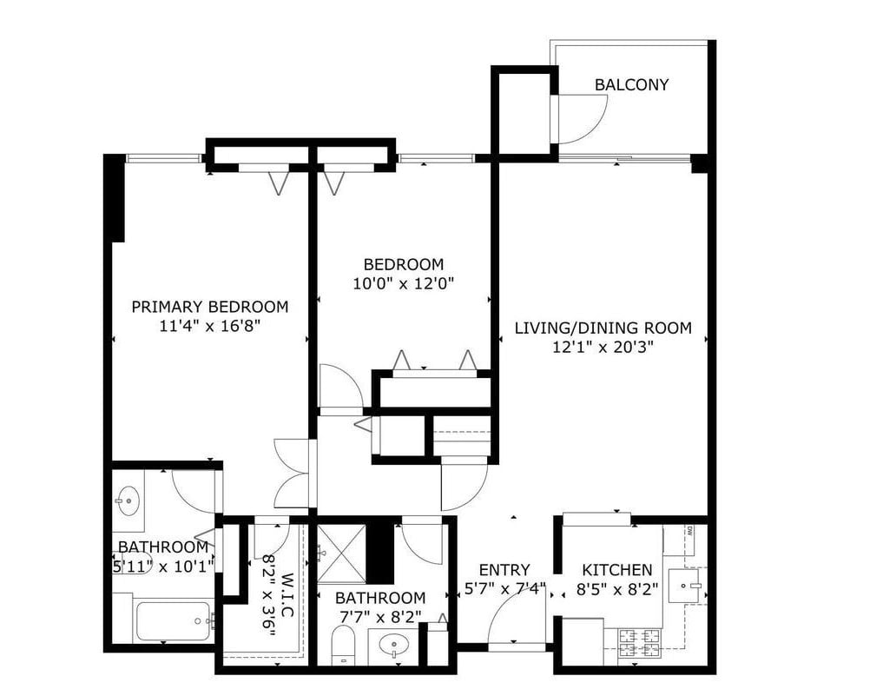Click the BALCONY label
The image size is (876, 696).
click(x=631, y=85)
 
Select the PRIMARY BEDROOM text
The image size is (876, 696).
click(x=209, y=307)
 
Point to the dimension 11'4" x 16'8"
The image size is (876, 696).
click(x=209, y=326)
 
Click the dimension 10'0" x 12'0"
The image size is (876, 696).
click(x=403, y=283)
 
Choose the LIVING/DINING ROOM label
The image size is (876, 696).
click(x=603, y=328)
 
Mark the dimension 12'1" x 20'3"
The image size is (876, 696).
click(x=603, y=348)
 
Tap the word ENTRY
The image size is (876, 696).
click(x=504, y=570)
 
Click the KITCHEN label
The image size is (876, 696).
click(x=616, y=570)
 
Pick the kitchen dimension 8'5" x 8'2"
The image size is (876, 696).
click(x=616, y=589)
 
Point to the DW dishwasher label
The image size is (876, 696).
click(x=688, y=529)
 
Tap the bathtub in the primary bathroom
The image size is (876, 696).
click(x=173, y=620)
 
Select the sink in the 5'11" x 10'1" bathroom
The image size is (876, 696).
click(x=128, y=500)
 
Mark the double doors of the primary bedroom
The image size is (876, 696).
click(x=293, y=474)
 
